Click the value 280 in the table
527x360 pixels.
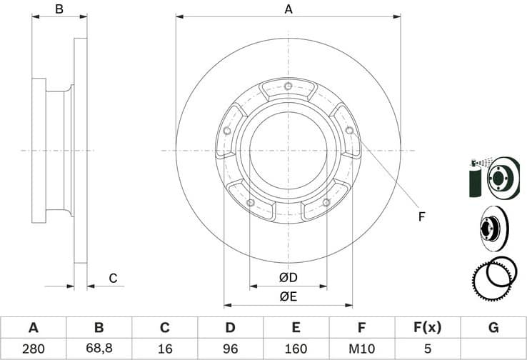tap(33, 349)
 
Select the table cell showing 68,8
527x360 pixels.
tap(99, 349)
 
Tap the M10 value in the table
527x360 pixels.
tap(361, 349)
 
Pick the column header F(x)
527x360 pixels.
tap(427, 328)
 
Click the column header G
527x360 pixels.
tap(493, 328)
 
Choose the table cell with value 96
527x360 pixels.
tap(230, 349)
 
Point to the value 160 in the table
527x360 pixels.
tap(296, 349)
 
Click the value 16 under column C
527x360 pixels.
tap(164, 349)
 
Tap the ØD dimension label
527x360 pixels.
tap(288, 277)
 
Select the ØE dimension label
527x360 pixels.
tap(288, 296)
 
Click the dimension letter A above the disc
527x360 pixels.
tap(288, 9)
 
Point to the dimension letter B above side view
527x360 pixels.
tap(59, 9)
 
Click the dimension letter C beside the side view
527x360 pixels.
tap(112, 279)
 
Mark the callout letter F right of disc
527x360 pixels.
tap(421, 216)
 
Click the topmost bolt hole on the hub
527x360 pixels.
tap(288, 88)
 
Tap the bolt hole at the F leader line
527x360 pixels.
tap(348, 131)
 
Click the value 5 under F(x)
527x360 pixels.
tap(427, 349)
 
